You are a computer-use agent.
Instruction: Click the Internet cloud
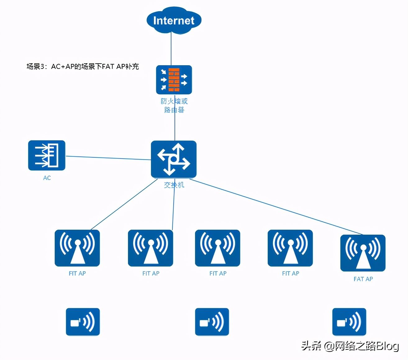[174, 20]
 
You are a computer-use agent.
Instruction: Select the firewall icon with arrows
[174, 80]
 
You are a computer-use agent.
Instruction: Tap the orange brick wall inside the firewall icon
[174, 80]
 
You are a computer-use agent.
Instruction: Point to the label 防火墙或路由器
[174, 106]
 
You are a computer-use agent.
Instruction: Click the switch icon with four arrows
[174, 159]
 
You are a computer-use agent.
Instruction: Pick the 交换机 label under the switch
[174, 185]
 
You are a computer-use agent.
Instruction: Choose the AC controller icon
[47, 155]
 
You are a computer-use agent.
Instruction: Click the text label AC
[47, 178]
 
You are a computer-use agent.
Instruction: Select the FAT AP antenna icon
[363, 253]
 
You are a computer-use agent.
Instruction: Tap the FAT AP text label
[363, 279]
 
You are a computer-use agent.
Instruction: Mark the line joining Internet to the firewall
[171, 49]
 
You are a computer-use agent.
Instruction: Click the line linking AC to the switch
[108, 158]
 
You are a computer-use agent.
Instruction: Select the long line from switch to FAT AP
[276, 207]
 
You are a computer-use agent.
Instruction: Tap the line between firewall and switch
[175, 118]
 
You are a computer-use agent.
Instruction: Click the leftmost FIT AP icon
[77, 248]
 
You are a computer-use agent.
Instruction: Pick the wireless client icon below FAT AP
[349, 322]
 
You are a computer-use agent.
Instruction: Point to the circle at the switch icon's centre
[174, 160]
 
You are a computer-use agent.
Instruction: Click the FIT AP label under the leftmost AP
[77, 273]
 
